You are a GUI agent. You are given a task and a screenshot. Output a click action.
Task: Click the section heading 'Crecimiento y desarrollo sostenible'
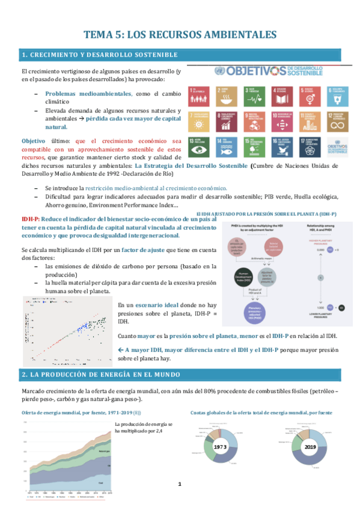[x=99, y=55]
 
